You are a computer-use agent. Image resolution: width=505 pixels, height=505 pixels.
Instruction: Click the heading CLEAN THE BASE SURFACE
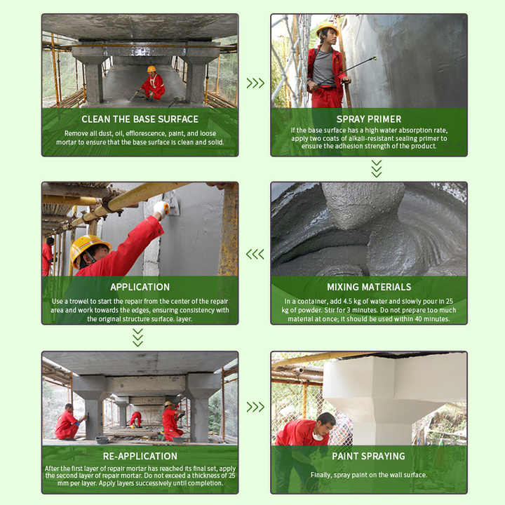pos(140,119)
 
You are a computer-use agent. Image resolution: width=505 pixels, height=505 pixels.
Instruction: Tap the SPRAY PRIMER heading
pos(369,119)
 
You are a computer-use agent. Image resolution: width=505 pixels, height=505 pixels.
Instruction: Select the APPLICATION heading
pos(140,287)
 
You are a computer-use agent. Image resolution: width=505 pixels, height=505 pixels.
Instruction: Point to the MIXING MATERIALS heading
pos(369,287)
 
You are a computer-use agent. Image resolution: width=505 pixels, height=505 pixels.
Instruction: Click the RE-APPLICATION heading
pos(140,455)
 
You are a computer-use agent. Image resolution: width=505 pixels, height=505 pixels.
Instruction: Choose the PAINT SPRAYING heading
pos(369,456)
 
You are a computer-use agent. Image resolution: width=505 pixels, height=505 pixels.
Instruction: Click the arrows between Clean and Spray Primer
pos(255,83)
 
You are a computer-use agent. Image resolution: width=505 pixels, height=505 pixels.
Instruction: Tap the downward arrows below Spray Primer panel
pos(377,168)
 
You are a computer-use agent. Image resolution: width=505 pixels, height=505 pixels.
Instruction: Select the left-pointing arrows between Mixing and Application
pos(255,254)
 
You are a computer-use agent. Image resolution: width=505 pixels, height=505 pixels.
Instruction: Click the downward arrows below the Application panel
pos(138,337)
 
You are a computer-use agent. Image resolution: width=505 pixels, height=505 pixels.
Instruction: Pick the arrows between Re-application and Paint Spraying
pos(255,407)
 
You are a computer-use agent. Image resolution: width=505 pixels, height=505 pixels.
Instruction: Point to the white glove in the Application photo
pos(161,208)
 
